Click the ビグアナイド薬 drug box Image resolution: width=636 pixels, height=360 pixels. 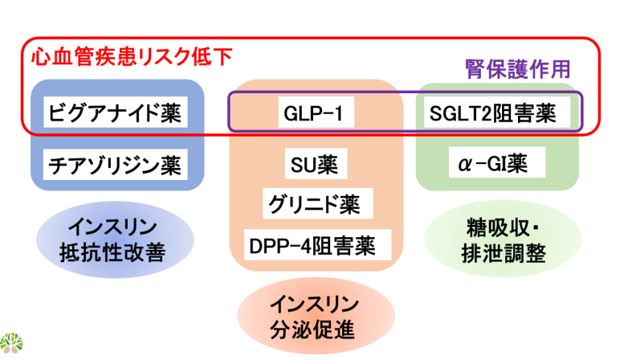(116, 112)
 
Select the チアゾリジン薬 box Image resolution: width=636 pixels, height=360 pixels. (116, 165)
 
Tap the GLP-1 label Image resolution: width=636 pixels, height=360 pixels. (316, 112)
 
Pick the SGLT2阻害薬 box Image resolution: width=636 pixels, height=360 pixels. (497, 112)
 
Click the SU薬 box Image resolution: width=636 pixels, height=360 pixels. (316, 164)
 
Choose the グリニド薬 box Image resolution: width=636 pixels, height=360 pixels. (317, 204)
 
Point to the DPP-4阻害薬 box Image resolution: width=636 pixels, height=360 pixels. (317, 245)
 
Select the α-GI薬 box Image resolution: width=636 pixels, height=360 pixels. (497, 163)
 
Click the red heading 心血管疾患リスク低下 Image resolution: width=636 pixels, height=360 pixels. (132, 56)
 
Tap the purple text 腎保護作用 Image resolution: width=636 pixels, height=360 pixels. (518, 69)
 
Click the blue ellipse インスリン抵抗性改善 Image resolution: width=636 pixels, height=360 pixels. (115, 239)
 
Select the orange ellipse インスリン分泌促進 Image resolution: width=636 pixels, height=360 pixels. (316, 316)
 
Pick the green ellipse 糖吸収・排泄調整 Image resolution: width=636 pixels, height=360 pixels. (503, 239)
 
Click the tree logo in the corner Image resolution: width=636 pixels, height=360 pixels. (11, 343)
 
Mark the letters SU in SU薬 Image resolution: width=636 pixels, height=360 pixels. (301, 166)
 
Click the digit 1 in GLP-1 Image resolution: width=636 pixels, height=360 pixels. (339, 113)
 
